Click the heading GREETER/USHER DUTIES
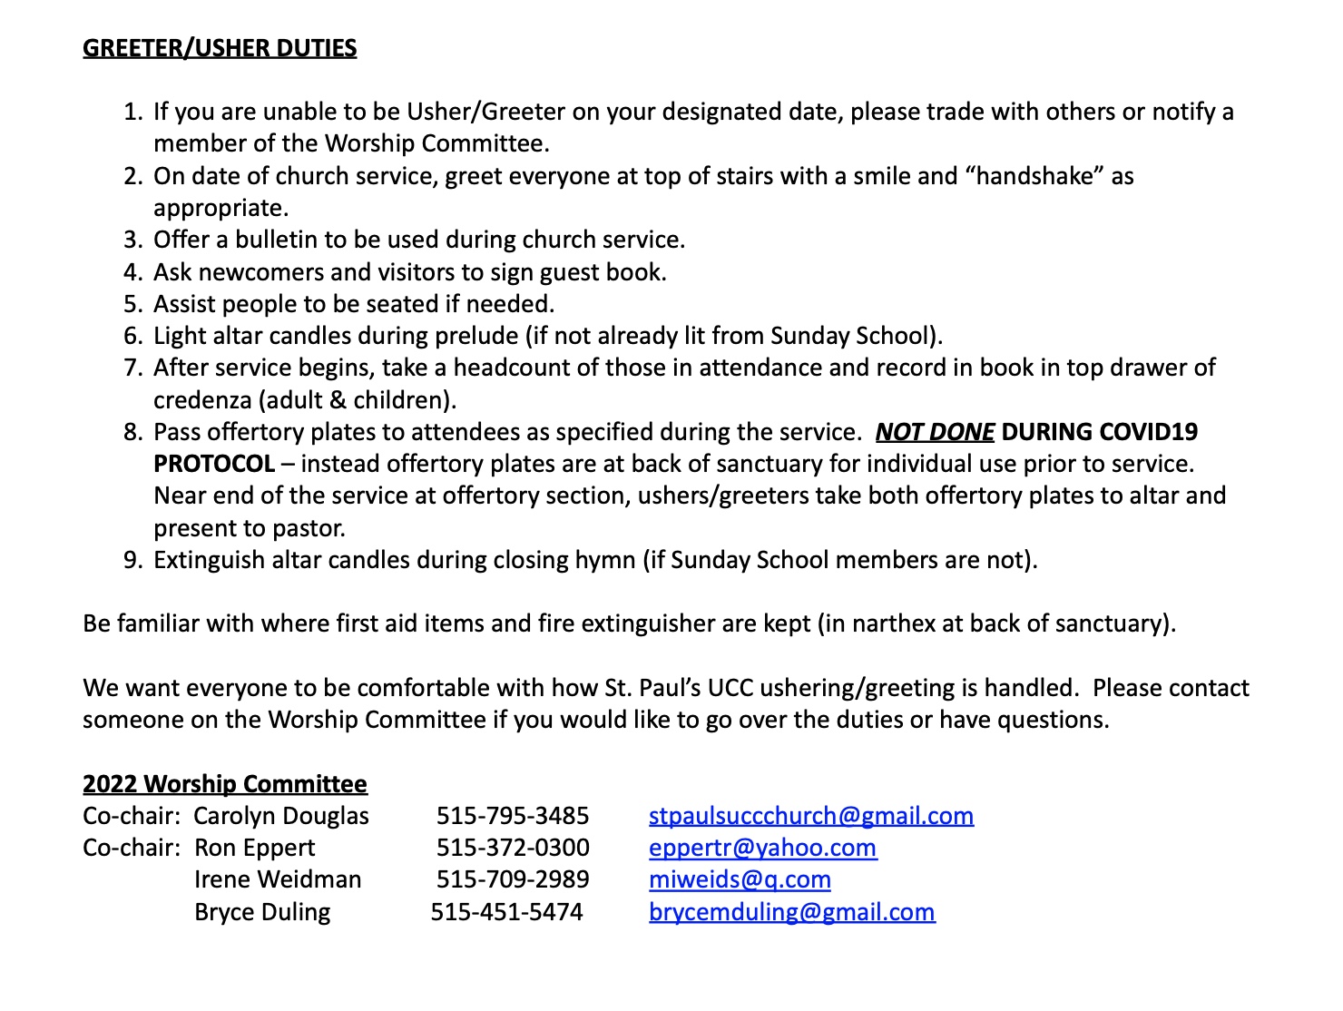[x=220, y=48]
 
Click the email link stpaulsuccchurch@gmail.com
[x=811, y=816]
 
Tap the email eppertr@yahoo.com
[x=762, y=848]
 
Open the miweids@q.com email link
[x=740, y=879]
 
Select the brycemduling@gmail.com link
[x=791, y=912]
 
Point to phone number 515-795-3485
[x=513, y=816]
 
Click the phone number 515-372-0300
[x=513, y=848]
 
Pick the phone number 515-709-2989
[x=513, y=879]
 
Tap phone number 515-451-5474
[x=506, y=912]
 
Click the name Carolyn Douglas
[x=281, y=816]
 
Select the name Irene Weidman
[x=278, y=879]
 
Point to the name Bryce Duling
[x=262, y=912]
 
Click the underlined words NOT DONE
[x=935, y=432]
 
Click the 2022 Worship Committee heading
[x=225, y=784]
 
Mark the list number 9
[x=132, y=560]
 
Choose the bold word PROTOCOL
[x=214, y=464]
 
